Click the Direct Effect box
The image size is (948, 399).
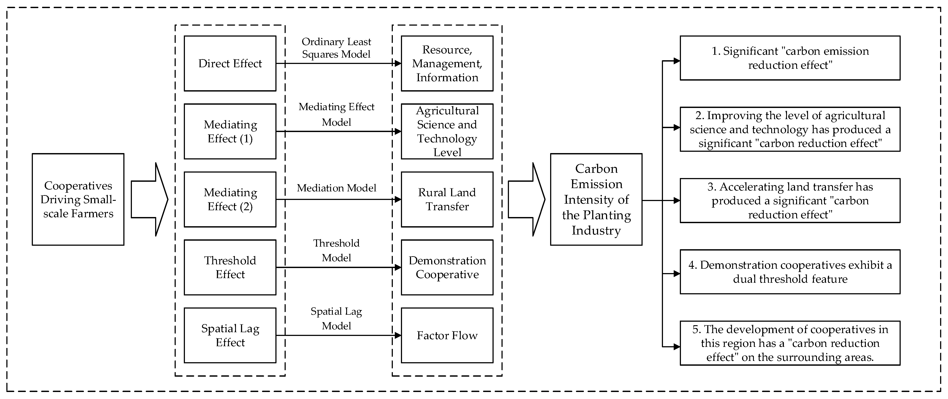coord(230,63)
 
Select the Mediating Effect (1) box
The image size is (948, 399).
coord(230,131)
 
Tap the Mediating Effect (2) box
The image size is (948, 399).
coord(230,199)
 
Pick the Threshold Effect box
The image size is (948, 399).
coord(230,267)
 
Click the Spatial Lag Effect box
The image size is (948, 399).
coord(230,335)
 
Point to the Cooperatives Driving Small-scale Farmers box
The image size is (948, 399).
coord(78,199)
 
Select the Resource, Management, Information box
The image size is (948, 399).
coord(447,63)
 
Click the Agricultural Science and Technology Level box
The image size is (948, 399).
coord(447,131)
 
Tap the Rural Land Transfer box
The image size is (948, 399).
coord(447,199)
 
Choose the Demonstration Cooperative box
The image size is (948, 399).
coord(447,267)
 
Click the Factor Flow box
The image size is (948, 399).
coord(447,335)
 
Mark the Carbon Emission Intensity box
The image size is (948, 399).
coord(596,199)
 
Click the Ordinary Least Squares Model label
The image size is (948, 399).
coord(336,48)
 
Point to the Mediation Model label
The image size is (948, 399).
coord(336,188)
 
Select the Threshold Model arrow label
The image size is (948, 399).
coord(336,250)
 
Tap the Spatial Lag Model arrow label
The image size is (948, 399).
coord(336,318)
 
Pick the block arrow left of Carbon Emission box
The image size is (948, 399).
coord(526,199)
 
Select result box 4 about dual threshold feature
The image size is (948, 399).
coord(790,272)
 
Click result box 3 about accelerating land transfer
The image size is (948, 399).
coord(790,200)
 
